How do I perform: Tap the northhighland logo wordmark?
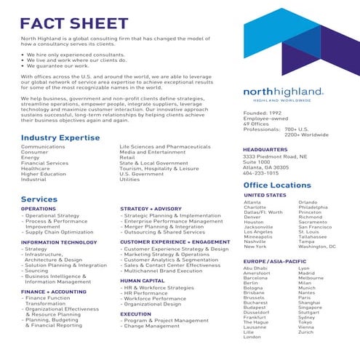tap(283, 92)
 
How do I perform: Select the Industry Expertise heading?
tap(60, 137)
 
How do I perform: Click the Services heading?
tap(39, 199)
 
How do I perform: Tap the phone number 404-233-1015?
tap(260, 174)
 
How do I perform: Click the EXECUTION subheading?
tap(136, 313)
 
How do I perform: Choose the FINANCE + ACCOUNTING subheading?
tap(53, 291)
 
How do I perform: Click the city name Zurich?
tap(305, 332)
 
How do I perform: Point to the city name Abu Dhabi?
tap(255, 268)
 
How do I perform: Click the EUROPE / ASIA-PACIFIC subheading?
tap(274, 260)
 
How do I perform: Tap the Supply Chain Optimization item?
tap(59, 232)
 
